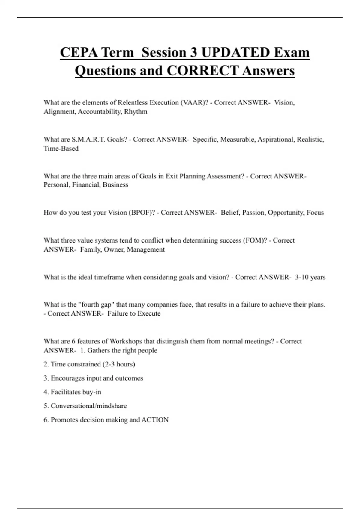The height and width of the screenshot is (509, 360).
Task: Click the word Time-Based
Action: [61, 149]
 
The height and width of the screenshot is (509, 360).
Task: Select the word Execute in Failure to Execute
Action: [149, 313]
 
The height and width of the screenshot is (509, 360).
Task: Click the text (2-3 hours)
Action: [119, 364]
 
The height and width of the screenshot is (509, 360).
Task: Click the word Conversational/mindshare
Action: [89, 406]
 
